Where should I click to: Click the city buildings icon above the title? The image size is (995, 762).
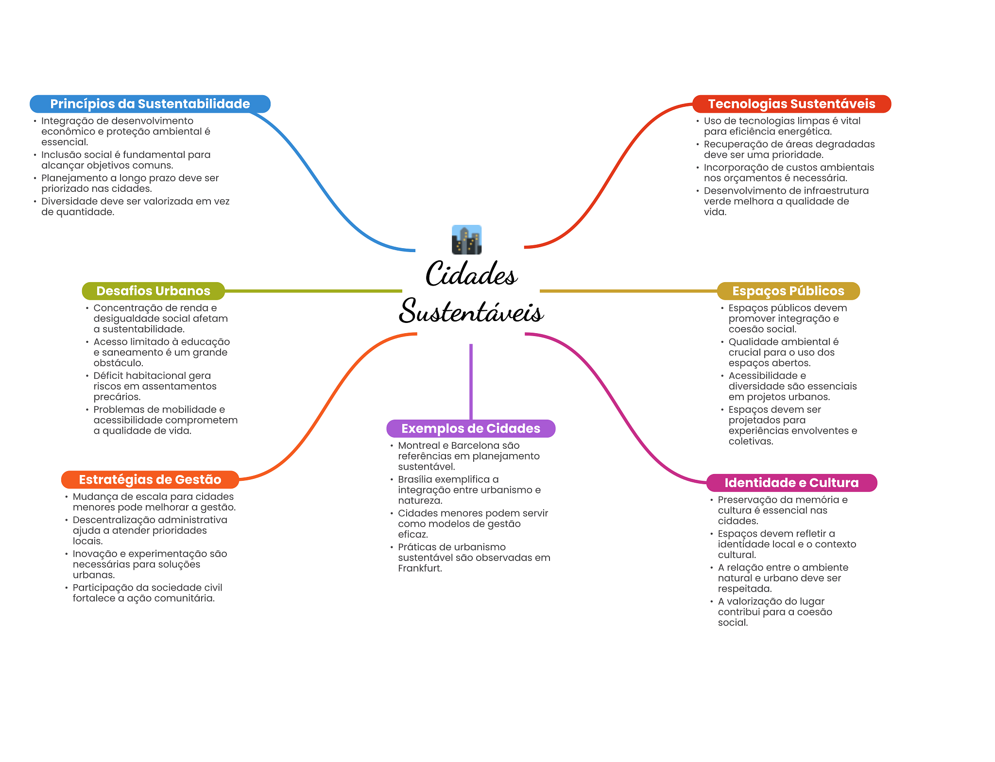466,239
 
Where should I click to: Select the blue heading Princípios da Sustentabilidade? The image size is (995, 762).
150,104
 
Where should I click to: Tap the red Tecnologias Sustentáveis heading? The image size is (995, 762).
791,104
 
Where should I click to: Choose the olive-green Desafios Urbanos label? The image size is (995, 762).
153,291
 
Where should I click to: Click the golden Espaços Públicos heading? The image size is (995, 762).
788,291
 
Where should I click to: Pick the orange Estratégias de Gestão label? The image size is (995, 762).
150,480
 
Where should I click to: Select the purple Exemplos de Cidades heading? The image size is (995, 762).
470,428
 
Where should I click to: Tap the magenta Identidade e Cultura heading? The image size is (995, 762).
791,483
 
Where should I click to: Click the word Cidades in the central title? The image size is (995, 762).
471,274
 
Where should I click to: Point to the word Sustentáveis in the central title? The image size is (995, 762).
471,311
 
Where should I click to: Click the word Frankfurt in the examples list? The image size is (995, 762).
419,568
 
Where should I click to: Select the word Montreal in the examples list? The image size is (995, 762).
418,445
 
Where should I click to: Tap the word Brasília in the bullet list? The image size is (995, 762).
413,479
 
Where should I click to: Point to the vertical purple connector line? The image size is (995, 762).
471,381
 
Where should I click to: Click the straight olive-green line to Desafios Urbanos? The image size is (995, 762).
313,291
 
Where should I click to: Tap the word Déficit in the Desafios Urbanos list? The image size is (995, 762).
108,375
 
